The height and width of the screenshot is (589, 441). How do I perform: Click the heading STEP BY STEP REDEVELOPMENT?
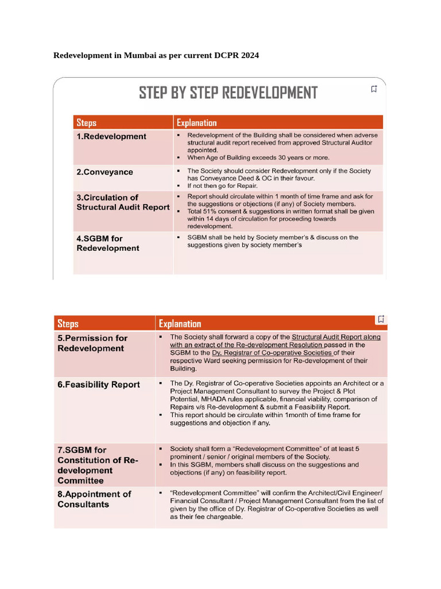(228, 93)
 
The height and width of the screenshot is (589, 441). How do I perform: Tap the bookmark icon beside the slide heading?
(374, 89)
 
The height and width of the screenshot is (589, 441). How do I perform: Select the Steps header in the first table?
(86, 123)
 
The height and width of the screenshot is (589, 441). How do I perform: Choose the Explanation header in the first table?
(196, 123)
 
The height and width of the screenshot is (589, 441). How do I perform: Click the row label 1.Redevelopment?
(111, 136)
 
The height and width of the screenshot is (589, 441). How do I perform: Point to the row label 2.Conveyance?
(105, 172)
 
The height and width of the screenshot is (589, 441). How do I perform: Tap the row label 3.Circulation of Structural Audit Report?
(123, 202)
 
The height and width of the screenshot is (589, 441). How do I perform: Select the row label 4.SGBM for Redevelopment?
(108, 243)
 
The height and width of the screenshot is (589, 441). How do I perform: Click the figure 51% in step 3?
(214, 211)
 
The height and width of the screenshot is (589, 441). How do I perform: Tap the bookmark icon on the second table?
(381, 319)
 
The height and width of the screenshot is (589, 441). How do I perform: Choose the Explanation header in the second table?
(180, 324)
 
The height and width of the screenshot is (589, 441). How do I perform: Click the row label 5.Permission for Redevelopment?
(92, 343)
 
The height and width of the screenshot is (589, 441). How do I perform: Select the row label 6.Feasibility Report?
(98, 384)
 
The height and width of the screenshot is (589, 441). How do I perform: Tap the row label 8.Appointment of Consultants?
(94, 499)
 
